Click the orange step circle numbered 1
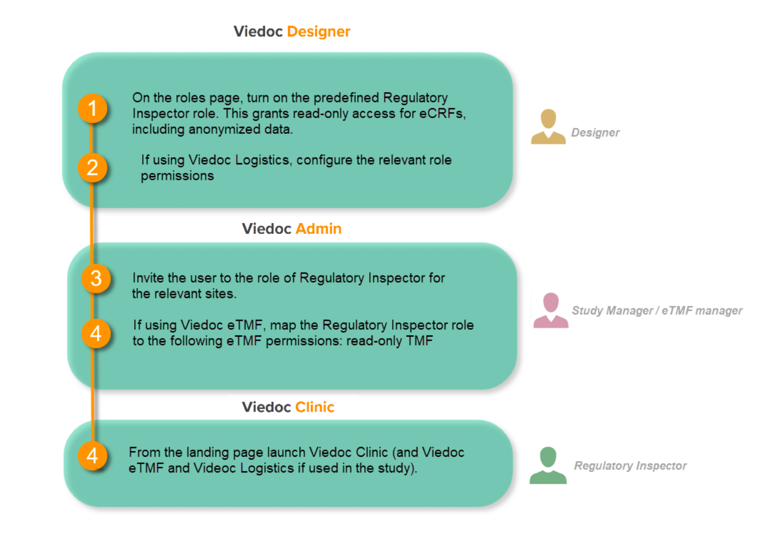(93, 108)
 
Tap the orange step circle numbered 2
(93, 168)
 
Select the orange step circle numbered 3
(96, 279)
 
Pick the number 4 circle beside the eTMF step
(96, 334)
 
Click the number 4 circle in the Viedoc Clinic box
(93, 456)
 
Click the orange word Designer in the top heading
(319, 31)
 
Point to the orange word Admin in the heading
(319, 229)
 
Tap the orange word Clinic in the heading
(315, 407)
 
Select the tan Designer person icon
(548, 127)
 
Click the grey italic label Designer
(595, 132)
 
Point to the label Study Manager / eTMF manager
(657, 310)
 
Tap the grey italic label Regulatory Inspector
(630, 465)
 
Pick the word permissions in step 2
(177, 176)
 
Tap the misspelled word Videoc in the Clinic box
(215, 468)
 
